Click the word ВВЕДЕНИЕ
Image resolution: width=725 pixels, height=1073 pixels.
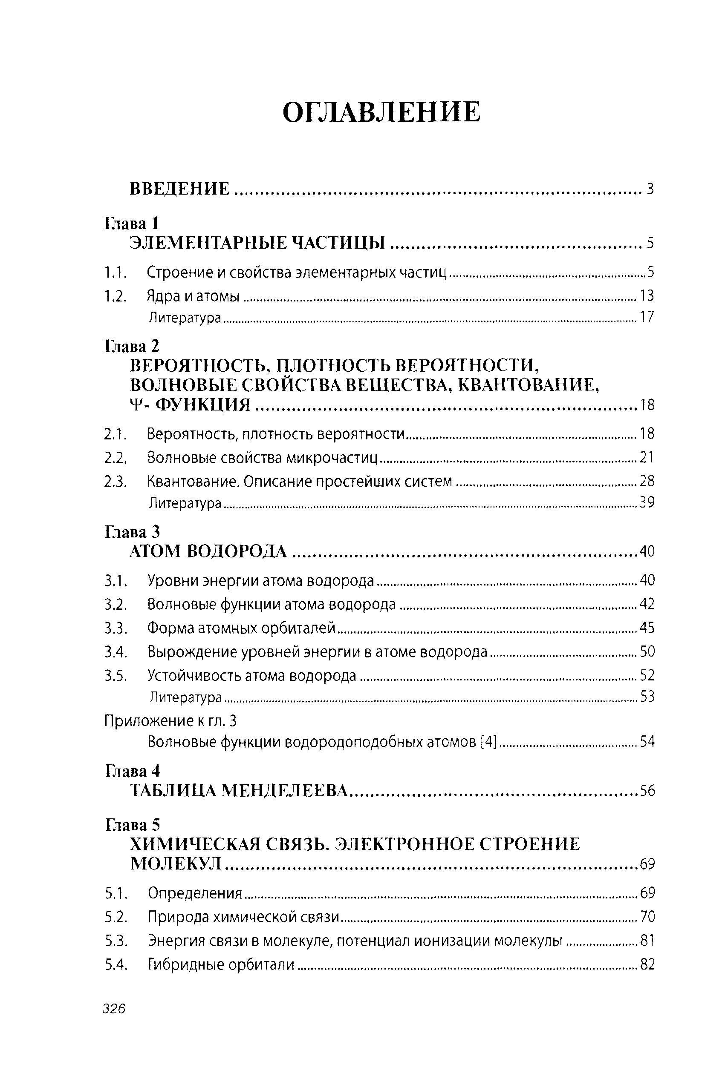tap(179, 189)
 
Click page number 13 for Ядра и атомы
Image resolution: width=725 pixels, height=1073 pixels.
tap(647, 296)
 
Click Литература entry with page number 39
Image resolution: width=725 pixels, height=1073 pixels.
tap(185, 502)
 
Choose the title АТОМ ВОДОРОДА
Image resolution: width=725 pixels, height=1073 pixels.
tap(208, 551)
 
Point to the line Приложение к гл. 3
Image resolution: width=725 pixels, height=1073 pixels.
tap(170, 721)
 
